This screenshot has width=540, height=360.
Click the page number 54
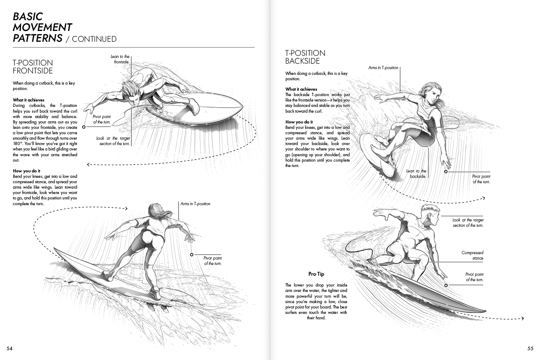[9, 348]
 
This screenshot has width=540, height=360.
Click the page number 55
[530, 348]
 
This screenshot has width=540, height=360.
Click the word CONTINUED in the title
[94, 39]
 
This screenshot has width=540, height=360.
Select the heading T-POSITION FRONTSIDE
[33, 67]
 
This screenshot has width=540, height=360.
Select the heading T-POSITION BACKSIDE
[305, 57]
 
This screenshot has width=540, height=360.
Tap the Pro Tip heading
[316, 274]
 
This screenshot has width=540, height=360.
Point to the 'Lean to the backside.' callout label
[417, 174]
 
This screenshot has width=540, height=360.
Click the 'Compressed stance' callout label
[473, 255]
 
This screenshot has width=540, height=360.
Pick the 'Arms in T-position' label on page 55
[383, 68]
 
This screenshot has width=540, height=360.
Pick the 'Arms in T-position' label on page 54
[195, 204]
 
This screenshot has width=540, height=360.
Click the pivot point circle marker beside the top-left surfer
[84, 127]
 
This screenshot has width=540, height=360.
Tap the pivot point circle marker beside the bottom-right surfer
[446, 285]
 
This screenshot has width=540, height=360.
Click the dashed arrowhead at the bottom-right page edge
[522, 318]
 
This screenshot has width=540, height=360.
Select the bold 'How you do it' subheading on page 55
[299, 122]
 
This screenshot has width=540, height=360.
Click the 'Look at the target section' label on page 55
[468, 222]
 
